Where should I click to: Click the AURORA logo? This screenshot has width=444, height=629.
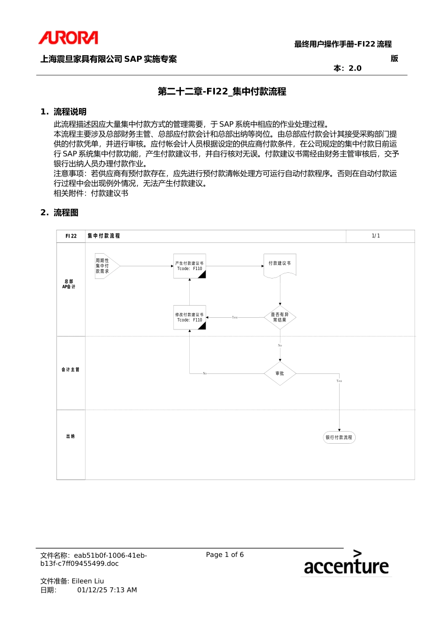(68, 37)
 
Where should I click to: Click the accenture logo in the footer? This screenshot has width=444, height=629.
(346, 563)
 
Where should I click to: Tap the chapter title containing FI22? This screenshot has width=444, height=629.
(222, 91)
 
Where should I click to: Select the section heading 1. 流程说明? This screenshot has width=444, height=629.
(63, 111)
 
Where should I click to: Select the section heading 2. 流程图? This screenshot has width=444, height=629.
(59, 212)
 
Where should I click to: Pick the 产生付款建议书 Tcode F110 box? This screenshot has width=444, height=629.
(189, 266)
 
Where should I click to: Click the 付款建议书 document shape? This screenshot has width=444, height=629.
(279, 265)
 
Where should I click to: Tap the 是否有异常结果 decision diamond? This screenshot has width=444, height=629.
(279, 317)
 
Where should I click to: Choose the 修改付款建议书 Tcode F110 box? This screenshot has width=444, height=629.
(189, 317)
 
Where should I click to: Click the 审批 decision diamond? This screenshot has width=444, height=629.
(279, 373)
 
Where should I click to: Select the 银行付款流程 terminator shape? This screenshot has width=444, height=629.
(339, 438)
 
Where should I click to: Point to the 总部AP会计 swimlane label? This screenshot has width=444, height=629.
(69, 284)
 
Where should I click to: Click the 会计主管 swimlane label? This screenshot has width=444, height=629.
(71, 370)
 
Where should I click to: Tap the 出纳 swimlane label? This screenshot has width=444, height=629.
(71, 436)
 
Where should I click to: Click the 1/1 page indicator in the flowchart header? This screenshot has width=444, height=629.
(376, 236)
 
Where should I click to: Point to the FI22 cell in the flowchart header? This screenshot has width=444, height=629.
(71, 236)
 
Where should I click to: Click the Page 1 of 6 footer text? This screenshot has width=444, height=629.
(225, 555)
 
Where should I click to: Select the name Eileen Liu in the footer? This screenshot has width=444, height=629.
(88, 581)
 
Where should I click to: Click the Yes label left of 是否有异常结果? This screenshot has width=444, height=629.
(235, 317)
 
